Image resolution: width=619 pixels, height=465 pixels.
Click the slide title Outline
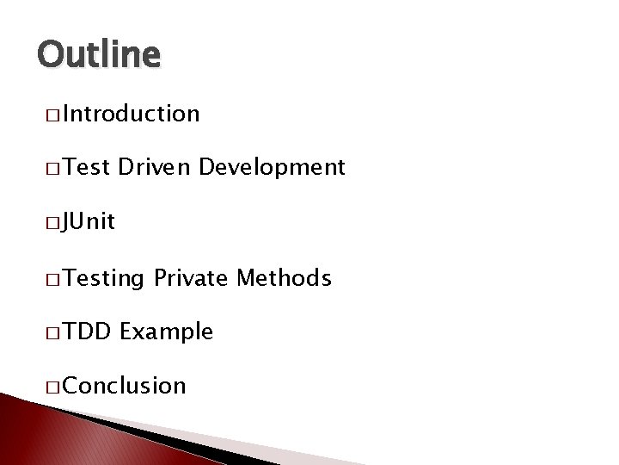click(x=99, y=55)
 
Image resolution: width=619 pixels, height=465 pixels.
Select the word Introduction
click(x=131, y=114)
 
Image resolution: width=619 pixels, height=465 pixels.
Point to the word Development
click(x=272, y=167)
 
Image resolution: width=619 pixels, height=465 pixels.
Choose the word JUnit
click(x=88, y=222)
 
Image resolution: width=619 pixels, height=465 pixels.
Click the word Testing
click(x=104, y=277)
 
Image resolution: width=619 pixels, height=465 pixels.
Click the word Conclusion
click(x=124, y=386)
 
